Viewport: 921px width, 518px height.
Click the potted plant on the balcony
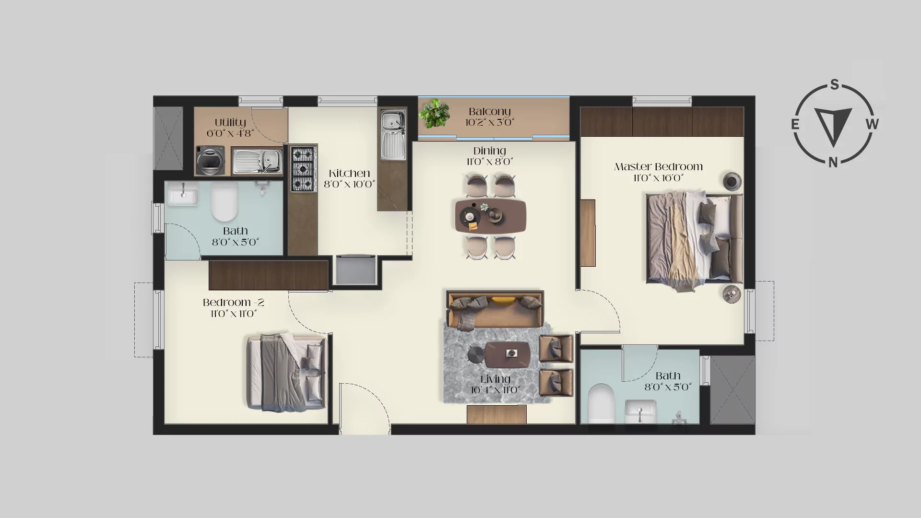(434, 113)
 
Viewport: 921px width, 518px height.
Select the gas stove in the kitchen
(303, 169)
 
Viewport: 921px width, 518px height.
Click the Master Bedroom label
(658, 167)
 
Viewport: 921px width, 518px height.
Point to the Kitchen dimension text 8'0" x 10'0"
(349, 184)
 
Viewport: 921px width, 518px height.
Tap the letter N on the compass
(833, 163)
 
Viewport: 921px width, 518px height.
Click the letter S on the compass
(834, 85)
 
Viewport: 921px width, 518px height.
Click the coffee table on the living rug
(507, 354)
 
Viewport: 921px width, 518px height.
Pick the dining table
(491, 216)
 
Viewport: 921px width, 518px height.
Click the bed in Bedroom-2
(286, 372)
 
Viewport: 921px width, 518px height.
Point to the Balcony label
(489, 112)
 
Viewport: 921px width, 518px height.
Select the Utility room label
(230, 123)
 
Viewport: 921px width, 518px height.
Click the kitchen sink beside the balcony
(393, 135)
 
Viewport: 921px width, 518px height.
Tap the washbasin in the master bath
(640, 412)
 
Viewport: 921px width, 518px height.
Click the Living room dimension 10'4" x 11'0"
(496, 390)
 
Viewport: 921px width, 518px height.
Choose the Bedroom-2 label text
(233, 303)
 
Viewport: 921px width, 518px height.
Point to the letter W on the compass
(873, 124)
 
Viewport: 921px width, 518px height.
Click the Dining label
(489, 151)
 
